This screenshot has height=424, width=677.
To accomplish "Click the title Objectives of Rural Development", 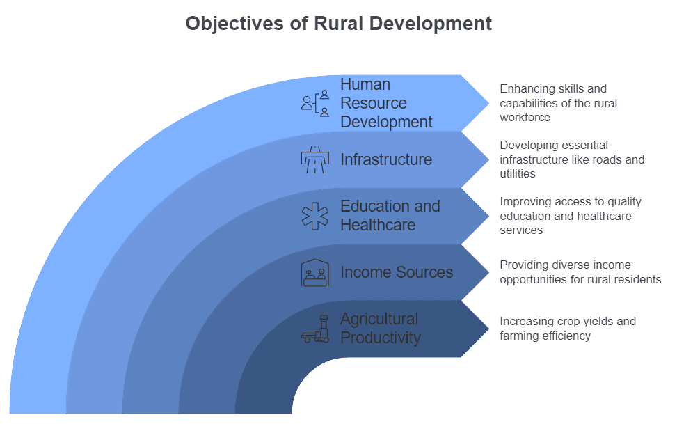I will click(338, 23).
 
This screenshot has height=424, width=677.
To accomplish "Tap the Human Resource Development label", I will click(385, 103).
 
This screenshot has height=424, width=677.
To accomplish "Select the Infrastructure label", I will click(385, 159).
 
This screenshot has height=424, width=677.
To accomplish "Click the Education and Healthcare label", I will click(390, 216).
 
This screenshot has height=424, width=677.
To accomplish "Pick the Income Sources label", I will click(396, 272).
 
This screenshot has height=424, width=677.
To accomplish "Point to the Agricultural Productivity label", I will click(380, 329).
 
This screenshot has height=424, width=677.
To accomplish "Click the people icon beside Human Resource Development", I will click(315, 103).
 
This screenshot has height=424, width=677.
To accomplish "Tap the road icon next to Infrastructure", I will click(315, 159).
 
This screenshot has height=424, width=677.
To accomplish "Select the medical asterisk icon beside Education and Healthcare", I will click(315, 216).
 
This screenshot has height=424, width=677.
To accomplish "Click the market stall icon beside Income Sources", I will click(315, 272).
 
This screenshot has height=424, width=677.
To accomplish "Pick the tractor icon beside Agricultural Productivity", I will click(315, 329).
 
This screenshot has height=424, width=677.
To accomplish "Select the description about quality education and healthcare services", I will click(570, 216).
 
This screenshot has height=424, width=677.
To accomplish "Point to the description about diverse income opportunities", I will click(580, 272).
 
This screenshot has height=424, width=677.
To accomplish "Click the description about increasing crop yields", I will click(567, 329).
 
